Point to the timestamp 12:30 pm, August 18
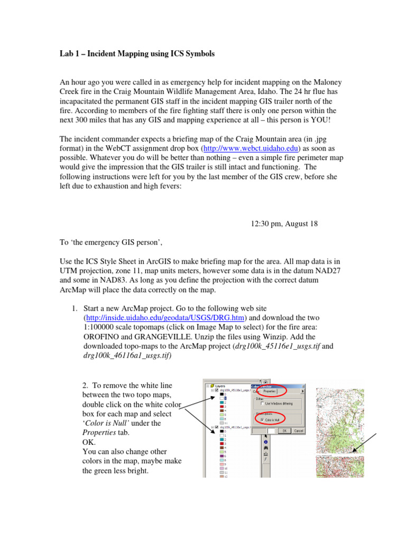[x=284, y=223]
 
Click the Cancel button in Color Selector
[x=298, y=431]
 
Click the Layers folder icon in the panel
[x=211, y=386]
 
